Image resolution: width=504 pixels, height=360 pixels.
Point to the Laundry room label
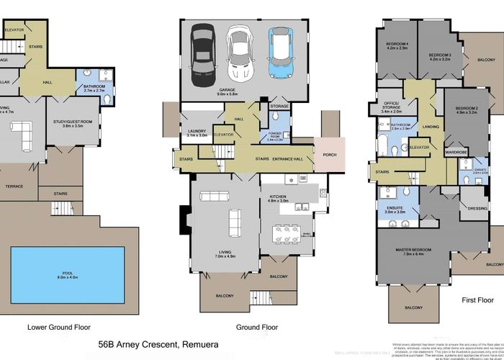coord(197,132)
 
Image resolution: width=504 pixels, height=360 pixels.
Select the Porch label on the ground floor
coord(330,154)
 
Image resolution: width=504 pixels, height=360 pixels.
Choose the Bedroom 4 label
coord(397,45)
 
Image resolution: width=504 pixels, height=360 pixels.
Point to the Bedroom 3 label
coord(439,55)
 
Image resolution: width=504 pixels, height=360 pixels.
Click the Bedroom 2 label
coord(467,109)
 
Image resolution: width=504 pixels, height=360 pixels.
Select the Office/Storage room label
coord(396,109)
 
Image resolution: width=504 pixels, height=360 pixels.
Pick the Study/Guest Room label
coord(72,122)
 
